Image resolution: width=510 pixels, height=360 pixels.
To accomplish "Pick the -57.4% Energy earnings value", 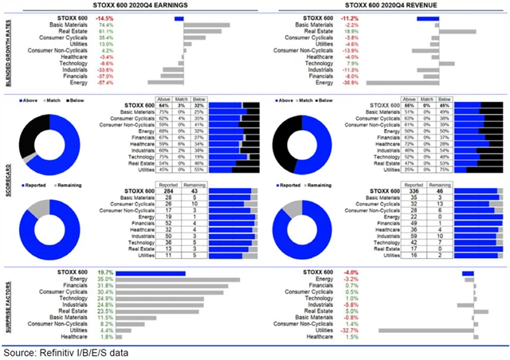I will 104,82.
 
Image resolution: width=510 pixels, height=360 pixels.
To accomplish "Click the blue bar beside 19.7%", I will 151,272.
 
